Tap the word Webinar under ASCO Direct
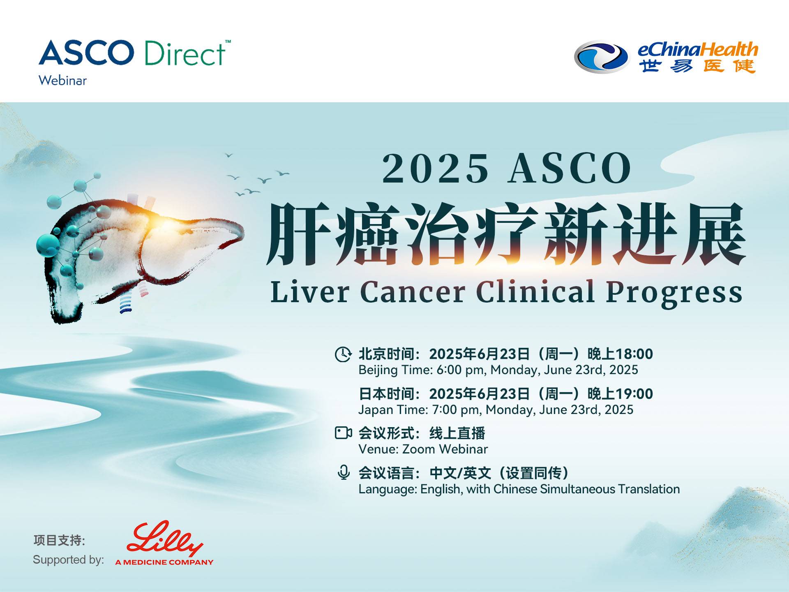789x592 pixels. tap(62, 80)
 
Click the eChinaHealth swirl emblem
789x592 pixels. tap(601, 57)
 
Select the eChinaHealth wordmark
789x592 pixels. tap(697, 49)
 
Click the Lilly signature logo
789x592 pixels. tap(165, 539)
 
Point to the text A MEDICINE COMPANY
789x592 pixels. tap(164, 562)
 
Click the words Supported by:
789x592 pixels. tap(68, 560)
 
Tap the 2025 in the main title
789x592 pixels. tap(436, 169)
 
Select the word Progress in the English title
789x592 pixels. tap(674, 294)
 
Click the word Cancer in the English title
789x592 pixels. tap(413, 292)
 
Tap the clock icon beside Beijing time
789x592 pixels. tap(343, 354)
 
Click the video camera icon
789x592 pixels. tap(344, 433)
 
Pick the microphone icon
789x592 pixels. tap(344, 472)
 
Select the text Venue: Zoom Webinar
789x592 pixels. tap(423, 449)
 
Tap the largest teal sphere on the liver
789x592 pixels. tap(48, 245)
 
